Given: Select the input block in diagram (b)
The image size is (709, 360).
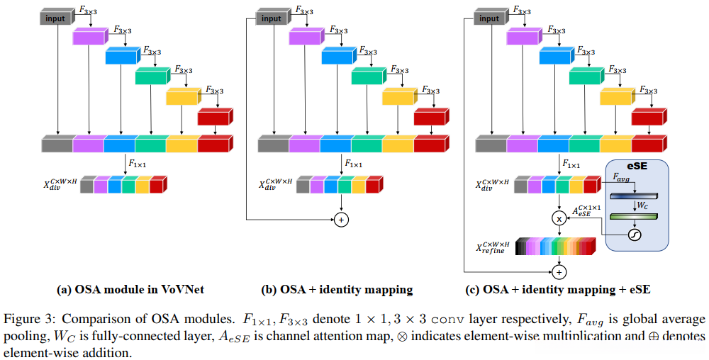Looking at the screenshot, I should pos(270,18).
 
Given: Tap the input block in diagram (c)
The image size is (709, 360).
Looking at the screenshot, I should pos(488,18).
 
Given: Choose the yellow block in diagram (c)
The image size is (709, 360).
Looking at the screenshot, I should pos(616,96).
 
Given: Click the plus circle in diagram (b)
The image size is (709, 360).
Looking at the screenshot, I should pos(341,220).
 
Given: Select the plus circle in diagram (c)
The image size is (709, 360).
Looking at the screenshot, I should pos(559,271).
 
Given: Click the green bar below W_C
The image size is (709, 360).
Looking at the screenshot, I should pos(635,217).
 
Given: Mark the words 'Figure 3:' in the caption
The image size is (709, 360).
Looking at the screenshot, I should pos(29,319).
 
